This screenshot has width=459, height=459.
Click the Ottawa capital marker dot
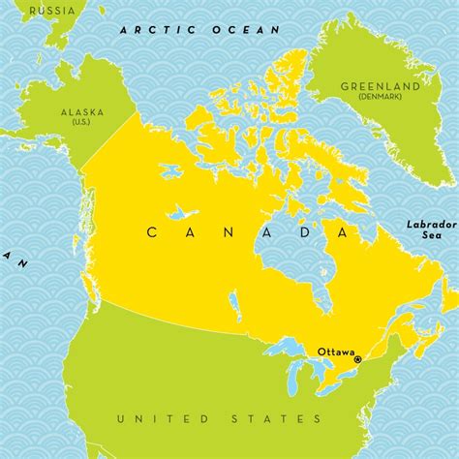(x=358, y=359)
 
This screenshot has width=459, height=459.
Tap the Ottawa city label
(x=336, y=352)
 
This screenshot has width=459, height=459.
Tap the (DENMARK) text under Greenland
(x=378, y=98)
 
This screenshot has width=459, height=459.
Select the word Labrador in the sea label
(x=430, y=224)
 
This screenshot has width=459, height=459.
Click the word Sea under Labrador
(x=430, y=236)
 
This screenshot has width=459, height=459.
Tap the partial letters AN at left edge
(x=10, y=258)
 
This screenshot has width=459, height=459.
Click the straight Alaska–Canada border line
(x=109, y=138)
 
